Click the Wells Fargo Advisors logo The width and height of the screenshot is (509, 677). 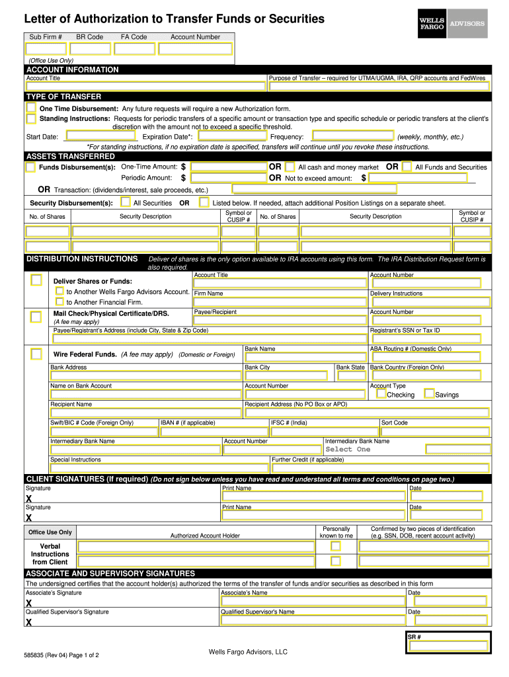click(452, 24)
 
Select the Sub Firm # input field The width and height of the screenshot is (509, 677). click(46, 48)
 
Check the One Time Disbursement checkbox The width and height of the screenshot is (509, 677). click(31, 108)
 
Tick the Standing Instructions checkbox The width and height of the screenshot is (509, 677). click(31, 118)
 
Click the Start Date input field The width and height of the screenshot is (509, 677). click(99, 137)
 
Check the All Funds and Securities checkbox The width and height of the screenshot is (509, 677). click(407, 167)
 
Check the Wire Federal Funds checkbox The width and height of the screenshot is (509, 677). click(36, 354)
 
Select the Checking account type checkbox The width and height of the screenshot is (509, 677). click(381, 394)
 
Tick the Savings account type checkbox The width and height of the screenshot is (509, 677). click(429, 394)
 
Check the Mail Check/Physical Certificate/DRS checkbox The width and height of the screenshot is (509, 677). click(36, 317)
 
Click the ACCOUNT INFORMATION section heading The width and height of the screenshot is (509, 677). click(72, 69)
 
